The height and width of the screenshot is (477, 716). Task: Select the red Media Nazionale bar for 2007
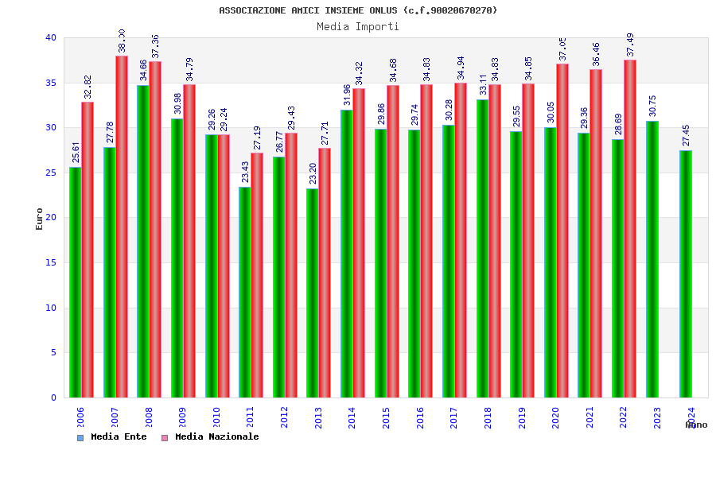point(122,227)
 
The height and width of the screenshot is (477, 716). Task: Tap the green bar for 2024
point(686,273)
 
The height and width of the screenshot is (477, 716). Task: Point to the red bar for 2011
point(257,275)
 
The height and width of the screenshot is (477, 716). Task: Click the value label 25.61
point(76,152)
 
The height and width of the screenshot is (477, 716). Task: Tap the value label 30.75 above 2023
point(653,106)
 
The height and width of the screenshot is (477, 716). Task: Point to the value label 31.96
point(348,95)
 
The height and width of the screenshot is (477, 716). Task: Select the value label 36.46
point(597,54)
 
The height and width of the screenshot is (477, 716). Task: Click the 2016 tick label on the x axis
point(421,417)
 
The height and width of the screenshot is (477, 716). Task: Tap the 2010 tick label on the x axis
point(216,417)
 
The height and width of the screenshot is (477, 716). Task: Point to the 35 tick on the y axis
point(51,83)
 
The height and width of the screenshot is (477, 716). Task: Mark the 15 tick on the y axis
point(51,262)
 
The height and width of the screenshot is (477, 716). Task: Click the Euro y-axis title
point(40,219)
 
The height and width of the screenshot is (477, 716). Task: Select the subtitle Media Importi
point(358,26)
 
